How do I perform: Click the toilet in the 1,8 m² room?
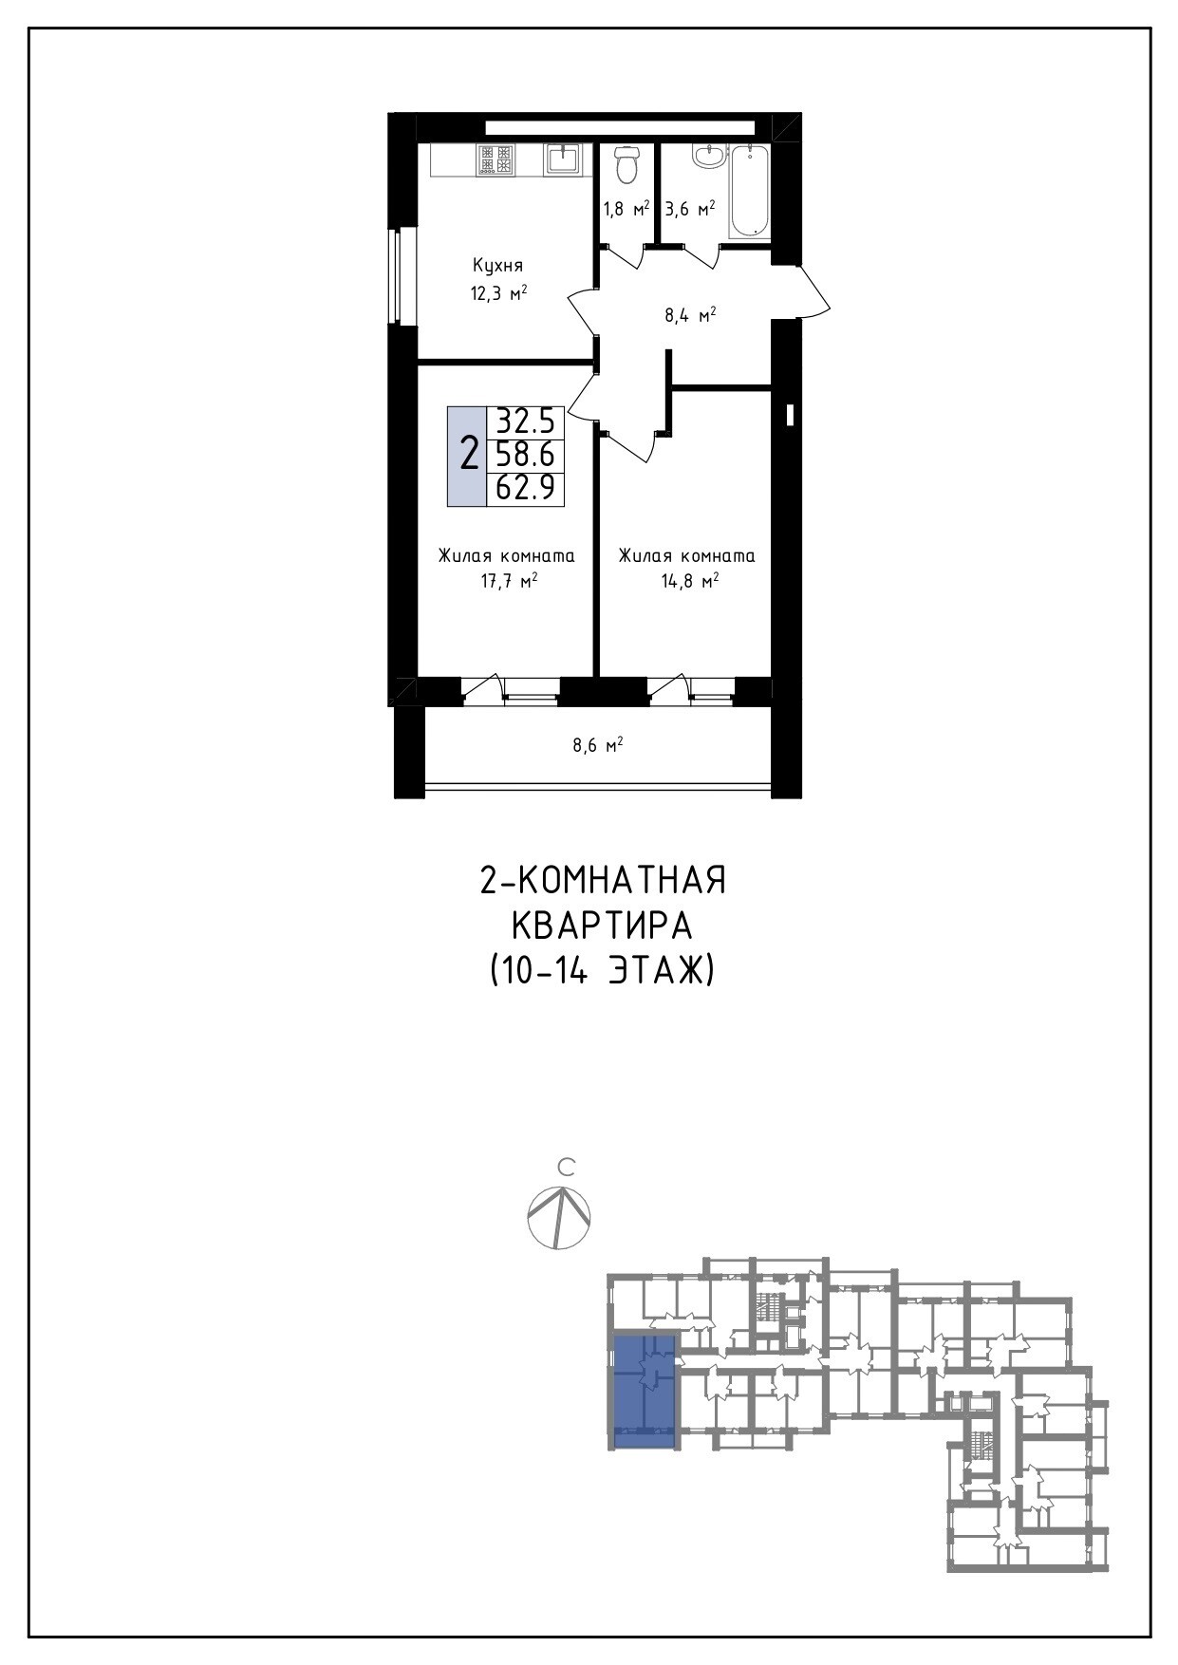point(626,164)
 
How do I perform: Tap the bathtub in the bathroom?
point(749,191)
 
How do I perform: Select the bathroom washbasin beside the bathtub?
point(707,156)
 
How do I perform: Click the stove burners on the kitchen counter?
point(496,159)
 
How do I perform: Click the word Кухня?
point(498,266)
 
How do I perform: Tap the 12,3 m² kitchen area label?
point(498,293)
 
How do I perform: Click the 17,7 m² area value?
point(509,581)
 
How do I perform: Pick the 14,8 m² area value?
point(689,581)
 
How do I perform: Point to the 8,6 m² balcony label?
point(597,746)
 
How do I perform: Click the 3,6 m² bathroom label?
point(689,209)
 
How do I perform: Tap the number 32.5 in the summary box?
point(526,421)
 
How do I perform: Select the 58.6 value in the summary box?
point(526,455)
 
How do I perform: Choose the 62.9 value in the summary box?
point(526,488)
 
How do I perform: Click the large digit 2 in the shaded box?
point(468,455)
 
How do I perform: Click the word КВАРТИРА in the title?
point(602,926)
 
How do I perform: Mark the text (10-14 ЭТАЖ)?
point(602,971)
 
